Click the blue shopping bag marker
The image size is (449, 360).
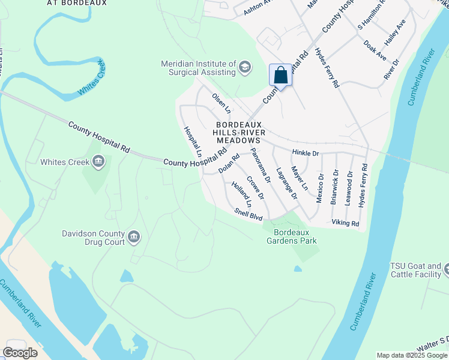coord(280,76)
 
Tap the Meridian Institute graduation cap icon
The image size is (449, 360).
coord(244,67)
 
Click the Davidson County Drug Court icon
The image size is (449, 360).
coord(134,237)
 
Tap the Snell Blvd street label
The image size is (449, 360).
coord(249,214)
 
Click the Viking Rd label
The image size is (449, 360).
coord(345,223)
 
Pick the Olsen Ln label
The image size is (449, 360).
coord(221,103)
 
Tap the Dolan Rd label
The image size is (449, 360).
coord(229,163)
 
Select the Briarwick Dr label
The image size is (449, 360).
coord(334,188)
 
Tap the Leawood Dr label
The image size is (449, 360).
coord(349,188)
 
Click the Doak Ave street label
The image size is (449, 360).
coord(375,49)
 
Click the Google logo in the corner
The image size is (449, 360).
coord(20,352)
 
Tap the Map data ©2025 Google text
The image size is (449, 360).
coord(412,355)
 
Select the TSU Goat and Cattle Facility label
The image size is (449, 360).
coord(415,270)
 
